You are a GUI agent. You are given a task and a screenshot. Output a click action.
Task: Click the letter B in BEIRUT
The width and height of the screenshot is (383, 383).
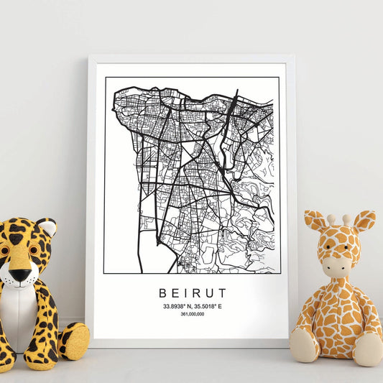160,293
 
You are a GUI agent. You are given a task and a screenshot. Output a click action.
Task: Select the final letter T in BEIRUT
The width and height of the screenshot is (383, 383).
222,293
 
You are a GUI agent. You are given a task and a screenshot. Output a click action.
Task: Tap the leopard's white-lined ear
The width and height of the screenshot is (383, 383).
47,229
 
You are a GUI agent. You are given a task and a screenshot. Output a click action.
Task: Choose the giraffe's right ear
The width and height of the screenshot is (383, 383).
364,221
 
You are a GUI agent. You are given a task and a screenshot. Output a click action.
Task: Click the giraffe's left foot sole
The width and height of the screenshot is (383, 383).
304,346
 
